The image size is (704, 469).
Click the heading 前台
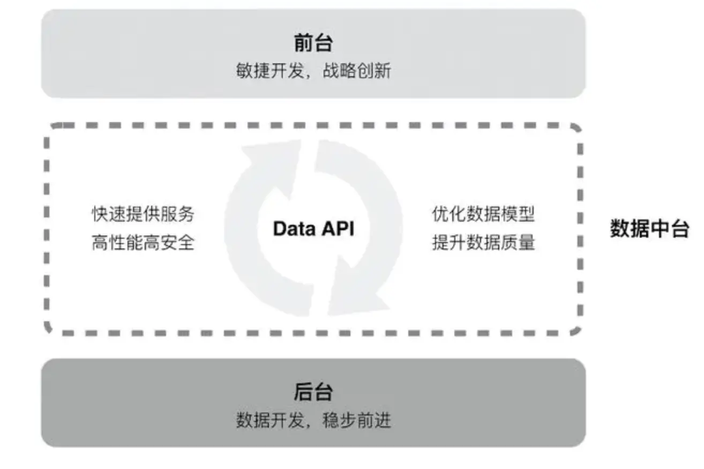tap(313, 43)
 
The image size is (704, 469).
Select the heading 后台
tap(313, 392)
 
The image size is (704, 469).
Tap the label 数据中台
tap(649, 229)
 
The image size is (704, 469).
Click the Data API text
tap(313, 229)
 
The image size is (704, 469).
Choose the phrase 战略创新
tap(357, 71)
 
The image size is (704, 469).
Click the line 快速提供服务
tap(143, 214)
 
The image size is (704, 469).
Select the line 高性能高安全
tap(143, 243)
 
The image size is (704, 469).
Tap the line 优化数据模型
tap(483, 214)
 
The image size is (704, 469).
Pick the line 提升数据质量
tap(483, 243)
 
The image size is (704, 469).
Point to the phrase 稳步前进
tap(357, 420)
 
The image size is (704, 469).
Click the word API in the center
tap(338, 229)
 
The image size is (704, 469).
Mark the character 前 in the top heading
tap(303, 43)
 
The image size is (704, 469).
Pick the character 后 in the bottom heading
tap(303, 392)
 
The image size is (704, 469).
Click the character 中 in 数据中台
tap(659, 229)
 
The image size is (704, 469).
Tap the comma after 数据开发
tap(310, 424)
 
